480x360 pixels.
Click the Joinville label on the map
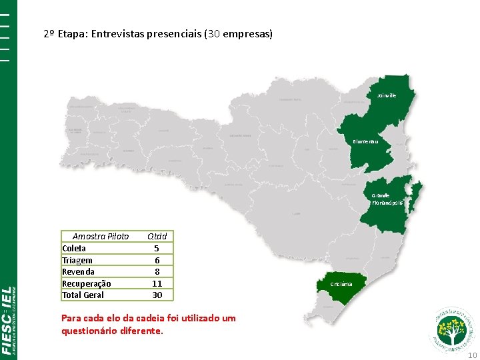(386, 95)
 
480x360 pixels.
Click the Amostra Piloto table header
(101, 236)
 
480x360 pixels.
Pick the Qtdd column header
(157, 236)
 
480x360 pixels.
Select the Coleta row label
(74, 248)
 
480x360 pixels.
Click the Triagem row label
(77, 260)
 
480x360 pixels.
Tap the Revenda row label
(78, 271)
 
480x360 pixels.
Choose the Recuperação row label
(87, 283)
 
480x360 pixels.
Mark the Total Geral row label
(83, 295)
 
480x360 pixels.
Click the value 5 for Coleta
(157, 248)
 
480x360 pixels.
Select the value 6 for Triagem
(157, 260)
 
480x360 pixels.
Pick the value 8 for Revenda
(157, 271)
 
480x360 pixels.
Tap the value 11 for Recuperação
(157, 283)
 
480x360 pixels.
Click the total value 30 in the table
(157, 295)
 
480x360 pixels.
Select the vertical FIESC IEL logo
(9, 320)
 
